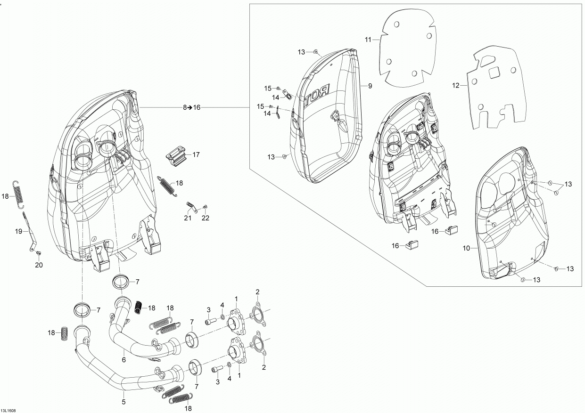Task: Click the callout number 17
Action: (x=196, y=154)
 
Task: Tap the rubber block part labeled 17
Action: (x=176, y=156)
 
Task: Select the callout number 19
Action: (x=19, y=231)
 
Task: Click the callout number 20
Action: (x=39, y=265)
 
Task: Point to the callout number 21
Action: (x=188, y=218)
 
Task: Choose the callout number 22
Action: (x=206, y=218)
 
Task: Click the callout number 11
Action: (x=368, y=40)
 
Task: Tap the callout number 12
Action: (x=455, y=85)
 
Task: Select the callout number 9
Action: (x=370, y=86)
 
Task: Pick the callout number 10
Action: (x=466, y=248)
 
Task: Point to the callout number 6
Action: (x=124, y=360)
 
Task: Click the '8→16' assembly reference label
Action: (x=192, y=107)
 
